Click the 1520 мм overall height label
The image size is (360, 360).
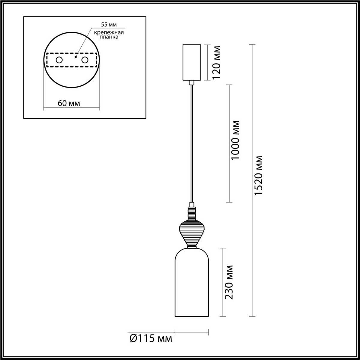click(x=258, y=176)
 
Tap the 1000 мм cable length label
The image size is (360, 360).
click(x=236, y=140)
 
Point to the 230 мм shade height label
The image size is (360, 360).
click(x=229, y=282)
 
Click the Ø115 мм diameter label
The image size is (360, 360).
click(x=151, y=339)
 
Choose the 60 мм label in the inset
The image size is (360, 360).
click(x=69, y=103)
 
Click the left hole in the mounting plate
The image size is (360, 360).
click(x=59, y=60)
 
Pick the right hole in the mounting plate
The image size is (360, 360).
click(x=85, y=60)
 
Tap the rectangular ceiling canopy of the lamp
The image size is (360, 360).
click(x=192, y=62)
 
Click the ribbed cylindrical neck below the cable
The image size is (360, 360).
click(x=192, y=213)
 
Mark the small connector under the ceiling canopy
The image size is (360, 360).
click(x=192, y=82)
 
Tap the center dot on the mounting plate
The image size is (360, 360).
click(x=76, y=56)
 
